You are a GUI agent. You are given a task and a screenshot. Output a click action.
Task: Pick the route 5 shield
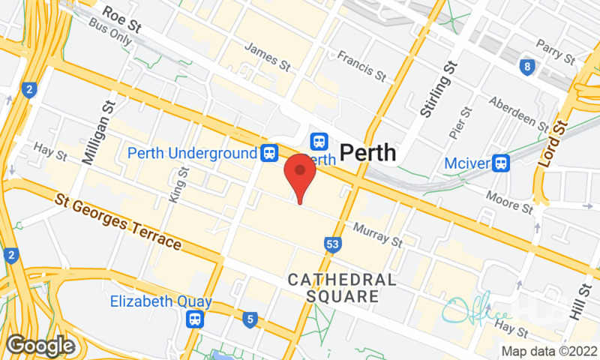[x=249, y=321]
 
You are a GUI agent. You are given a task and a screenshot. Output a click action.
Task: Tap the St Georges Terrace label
[x=118, y=222]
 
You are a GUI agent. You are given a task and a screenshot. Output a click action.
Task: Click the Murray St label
[x=378, y=235]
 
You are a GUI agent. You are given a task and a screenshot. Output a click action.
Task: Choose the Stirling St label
[x=430, y=88]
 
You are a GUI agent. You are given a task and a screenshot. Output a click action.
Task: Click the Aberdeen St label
[x=519, y=112]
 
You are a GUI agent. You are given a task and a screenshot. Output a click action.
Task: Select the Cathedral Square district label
[x=342, y=288]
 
